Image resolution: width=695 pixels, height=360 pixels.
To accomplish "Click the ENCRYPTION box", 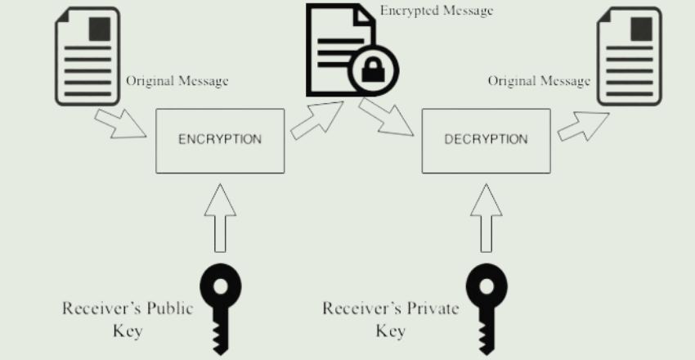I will pyautogui.click(x=220, y=140).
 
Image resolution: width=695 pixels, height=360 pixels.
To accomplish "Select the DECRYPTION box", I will pyautogui.click(x=486, y=140).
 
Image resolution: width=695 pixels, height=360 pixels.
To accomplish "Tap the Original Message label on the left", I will pyautogui.click(x=177, y=81).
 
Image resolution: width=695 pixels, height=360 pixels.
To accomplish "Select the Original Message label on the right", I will pyautogui.click(x=539, y=81).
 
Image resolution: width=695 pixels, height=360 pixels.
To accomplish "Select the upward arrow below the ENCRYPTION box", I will pyautogui.click(x=220, y=217).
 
